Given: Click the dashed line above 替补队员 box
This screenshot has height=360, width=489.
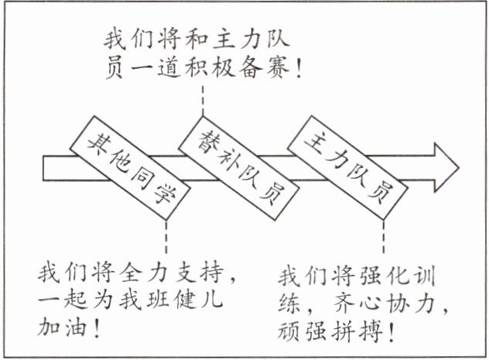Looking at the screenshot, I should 203,99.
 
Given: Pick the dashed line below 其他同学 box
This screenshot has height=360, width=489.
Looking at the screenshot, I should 167,236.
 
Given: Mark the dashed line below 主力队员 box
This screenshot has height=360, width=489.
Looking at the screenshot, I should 382,237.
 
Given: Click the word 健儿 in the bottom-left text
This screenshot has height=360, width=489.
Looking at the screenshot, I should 199,300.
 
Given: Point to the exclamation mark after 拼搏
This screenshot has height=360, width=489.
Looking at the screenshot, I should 394,334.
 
